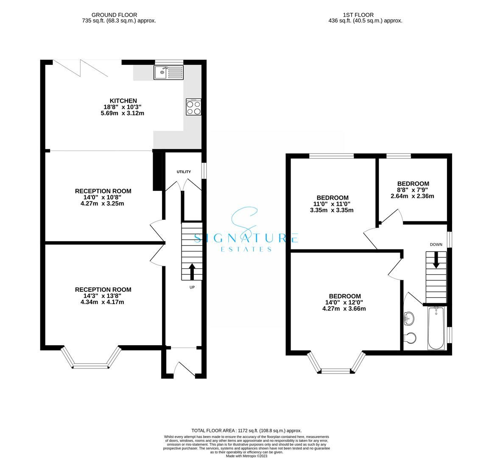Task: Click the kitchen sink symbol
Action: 168,73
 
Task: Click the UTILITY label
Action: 184,172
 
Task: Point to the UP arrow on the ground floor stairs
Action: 192,271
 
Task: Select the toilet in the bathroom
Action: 410,338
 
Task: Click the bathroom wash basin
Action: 409,318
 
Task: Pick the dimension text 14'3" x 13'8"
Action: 103,296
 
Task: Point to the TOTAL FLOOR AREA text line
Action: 246,430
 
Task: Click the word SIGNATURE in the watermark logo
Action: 246,238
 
